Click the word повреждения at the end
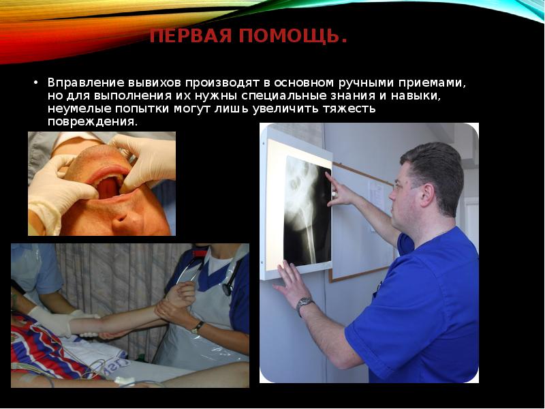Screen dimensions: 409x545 click(92, 121)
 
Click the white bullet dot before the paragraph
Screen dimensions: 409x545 click(36, 82)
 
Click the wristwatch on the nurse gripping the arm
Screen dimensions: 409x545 click(197, 327)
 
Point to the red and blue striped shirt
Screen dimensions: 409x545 click(41, 348)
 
